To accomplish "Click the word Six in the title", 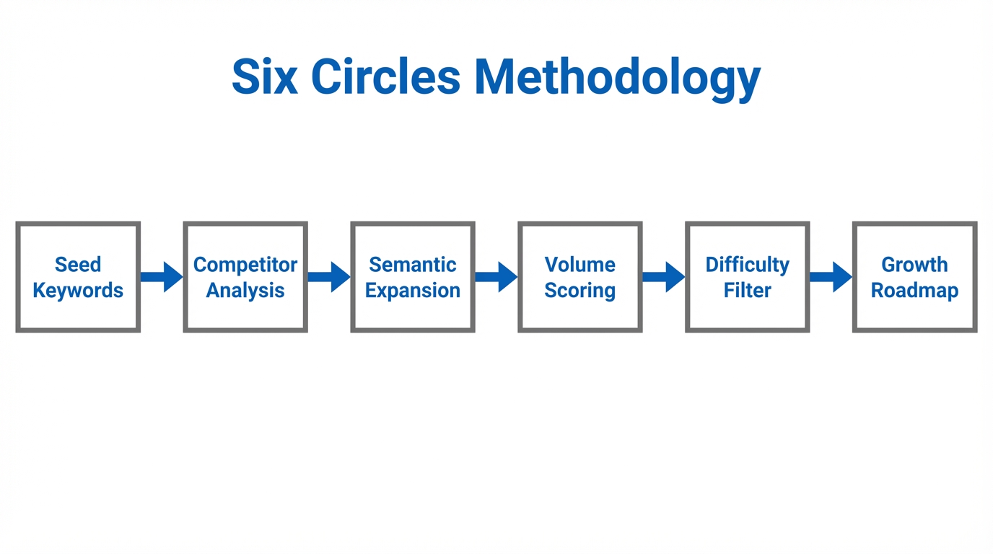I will point(264,76).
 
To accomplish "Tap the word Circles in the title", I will point(385,76).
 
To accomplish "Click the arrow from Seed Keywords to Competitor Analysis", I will point(162,277).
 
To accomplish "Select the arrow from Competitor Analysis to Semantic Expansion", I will point(329,277).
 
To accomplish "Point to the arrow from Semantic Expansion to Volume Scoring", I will point(496,277).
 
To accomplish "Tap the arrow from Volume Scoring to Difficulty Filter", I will point(664,277).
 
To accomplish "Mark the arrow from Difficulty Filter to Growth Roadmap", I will point(831,277).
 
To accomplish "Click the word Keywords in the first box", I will point(78,291).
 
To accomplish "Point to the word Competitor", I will point(245,265).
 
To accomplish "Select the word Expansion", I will point(413,291).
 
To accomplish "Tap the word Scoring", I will point(580,291).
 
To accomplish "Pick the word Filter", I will point(748,291).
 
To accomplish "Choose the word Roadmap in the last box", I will point(914,291).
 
